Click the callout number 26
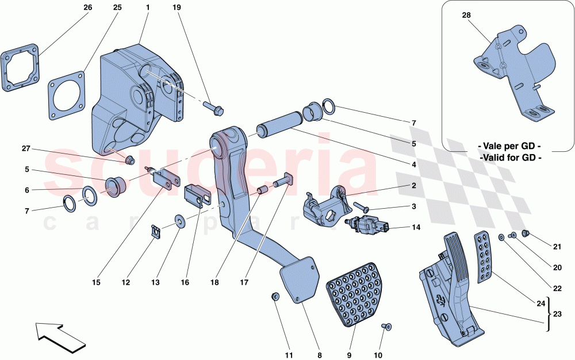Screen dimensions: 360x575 [87, 8]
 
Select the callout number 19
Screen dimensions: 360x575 [177, 8]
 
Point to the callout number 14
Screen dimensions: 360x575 [415, 227]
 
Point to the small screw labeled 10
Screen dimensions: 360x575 [386, 327]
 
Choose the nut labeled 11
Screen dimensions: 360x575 [275, 296]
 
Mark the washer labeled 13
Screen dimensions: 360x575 [180, 221]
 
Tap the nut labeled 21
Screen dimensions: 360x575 [525, 233]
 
